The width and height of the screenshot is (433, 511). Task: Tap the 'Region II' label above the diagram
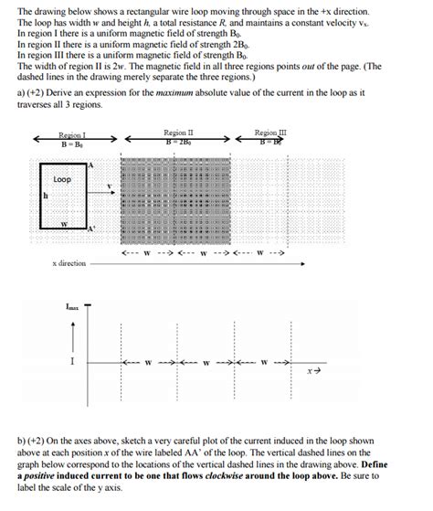point(178,133)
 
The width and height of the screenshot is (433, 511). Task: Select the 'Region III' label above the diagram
point(271,133)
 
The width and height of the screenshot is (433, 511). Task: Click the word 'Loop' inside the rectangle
point(62,179)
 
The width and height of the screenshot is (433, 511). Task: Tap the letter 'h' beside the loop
point(44,196)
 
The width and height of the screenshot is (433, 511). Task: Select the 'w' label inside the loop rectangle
point(63,222)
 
